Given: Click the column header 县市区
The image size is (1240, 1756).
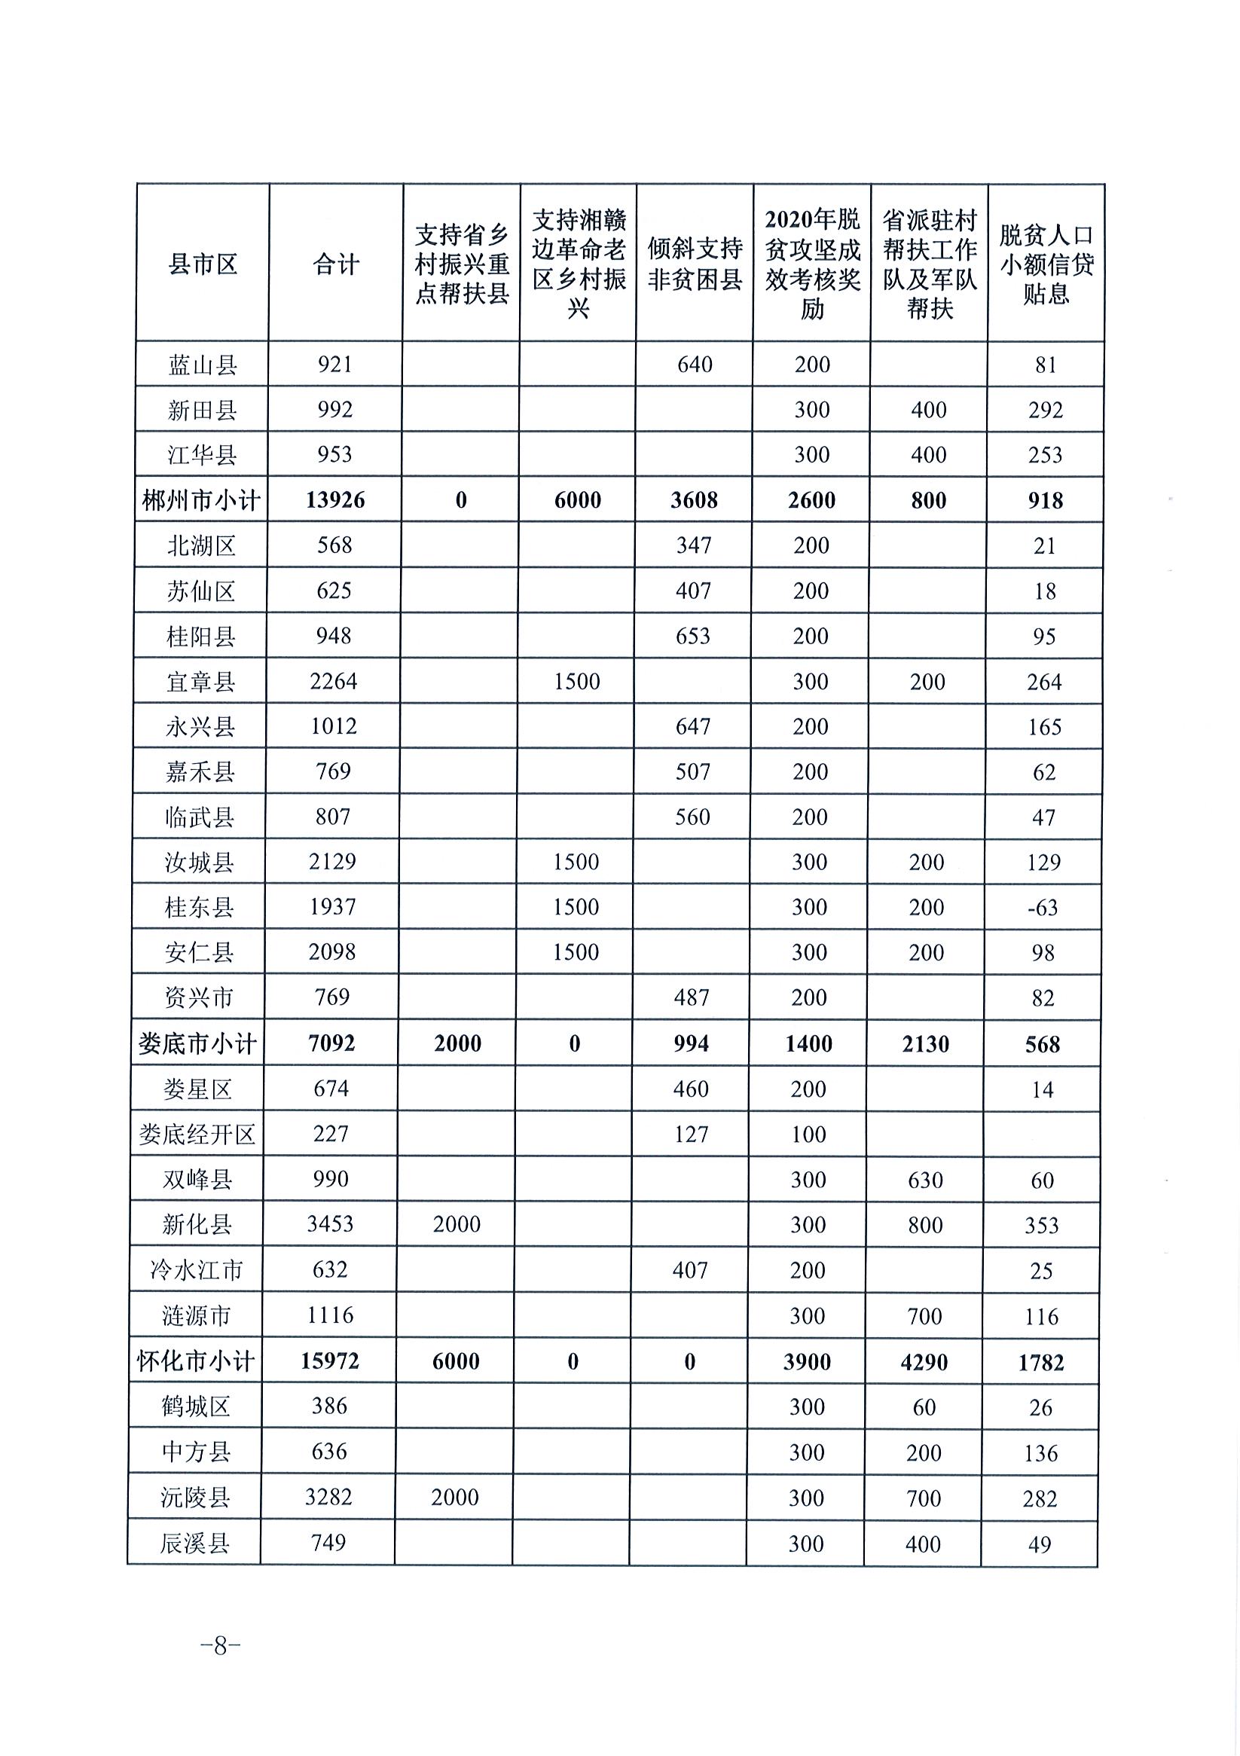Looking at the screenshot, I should tap(203, 264).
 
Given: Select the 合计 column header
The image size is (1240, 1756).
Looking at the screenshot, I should tap(336, 264).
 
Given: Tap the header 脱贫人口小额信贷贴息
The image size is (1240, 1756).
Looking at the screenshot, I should tap(1046, 264).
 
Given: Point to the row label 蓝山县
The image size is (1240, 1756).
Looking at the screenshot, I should tap(203, 365).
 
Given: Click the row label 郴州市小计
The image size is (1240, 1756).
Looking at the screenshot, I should tap(201, 500).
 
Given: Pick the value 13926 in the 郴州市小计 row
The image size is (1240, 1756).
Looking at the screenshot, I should tap(335, 500).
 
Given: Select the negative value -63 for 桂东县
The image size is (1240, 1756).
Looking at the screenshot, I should tap(1043, 908).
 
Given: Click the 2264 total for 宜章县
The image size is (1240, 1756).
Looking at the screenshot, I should tap(334, 682).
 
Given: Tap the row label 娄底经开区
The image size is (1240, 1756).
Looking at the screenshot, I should tap(197, 1135).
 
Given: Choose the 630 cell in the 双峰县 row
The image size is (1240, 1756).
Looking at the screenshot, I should tap(926, 1180).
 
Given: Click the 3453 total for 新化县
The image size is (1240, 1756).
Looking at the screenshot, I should tap(331, 1224).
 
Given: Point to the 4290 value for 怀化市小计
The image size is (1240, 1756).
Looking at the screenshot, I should tap(924, 1362).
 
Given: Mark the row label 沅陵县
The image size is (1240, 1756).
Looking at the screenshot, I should tap(195, 1498).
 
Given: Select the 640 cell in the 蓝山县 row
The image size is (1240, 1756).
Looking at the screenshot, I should tap(695, 365).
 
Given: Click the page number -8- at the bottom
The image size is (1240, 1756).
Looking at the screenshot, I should tap(220, 1645).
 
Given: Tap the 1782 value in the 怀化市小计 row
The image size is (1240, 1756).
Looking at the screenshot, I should tap(1041, 1362).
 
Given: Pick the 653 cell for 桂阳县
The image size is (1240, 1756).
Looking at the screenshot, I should tap(693, 637).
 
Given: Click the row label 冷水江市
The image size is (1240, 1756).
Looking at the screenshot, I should tap(197, 1270).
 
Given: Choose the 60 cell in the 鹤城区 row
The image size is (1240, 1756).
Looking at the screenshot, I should tap(924, 1407).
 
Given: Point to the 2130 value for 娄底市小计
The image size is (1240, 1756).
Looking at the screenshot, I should tap(926, 1044).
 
